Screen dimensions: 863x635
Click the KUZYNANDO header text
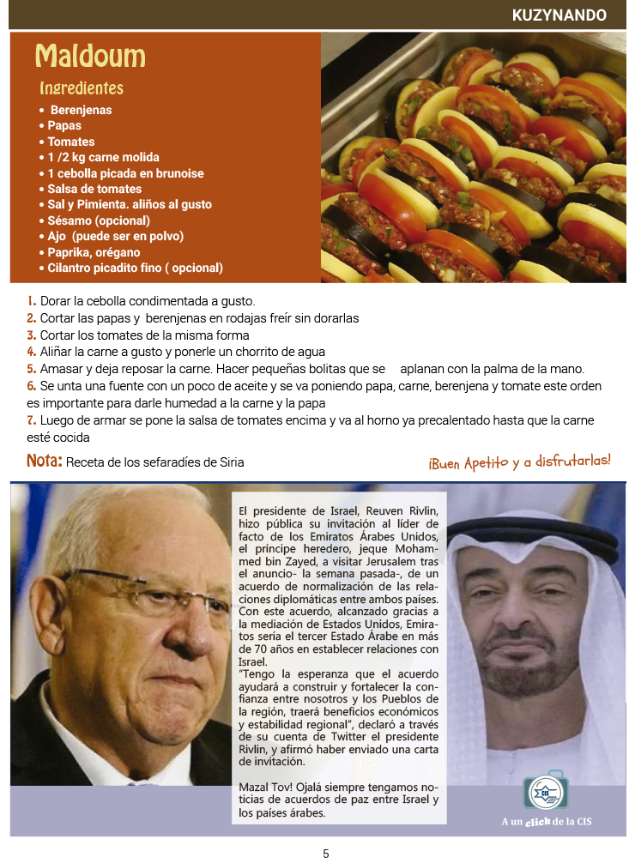click(559, 15)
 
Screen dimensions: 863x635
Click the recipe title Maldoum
click(90, 57)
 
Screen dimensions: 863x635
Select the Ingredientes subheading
click(82, 88)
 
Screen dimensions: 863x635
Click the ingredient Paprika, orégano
click(94, 252)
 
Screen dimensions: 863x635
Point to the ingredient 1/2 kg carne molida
click(103, 157)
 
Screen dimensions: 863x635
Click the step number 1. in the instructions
click(31, 301)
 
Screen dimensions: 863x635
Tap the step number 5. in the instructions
click(31, 369)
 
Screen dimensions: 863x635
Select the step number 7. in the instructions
click(31, 420)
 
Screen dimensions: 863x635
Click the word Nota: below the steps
click(44, 462)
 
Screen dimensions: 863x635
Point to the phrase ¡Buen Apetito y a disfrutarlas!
click(519, 462)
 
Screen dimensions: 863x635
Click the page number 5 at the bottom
click(326, 854)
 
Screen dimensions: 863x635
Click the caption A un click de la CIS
click(546, 822)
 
